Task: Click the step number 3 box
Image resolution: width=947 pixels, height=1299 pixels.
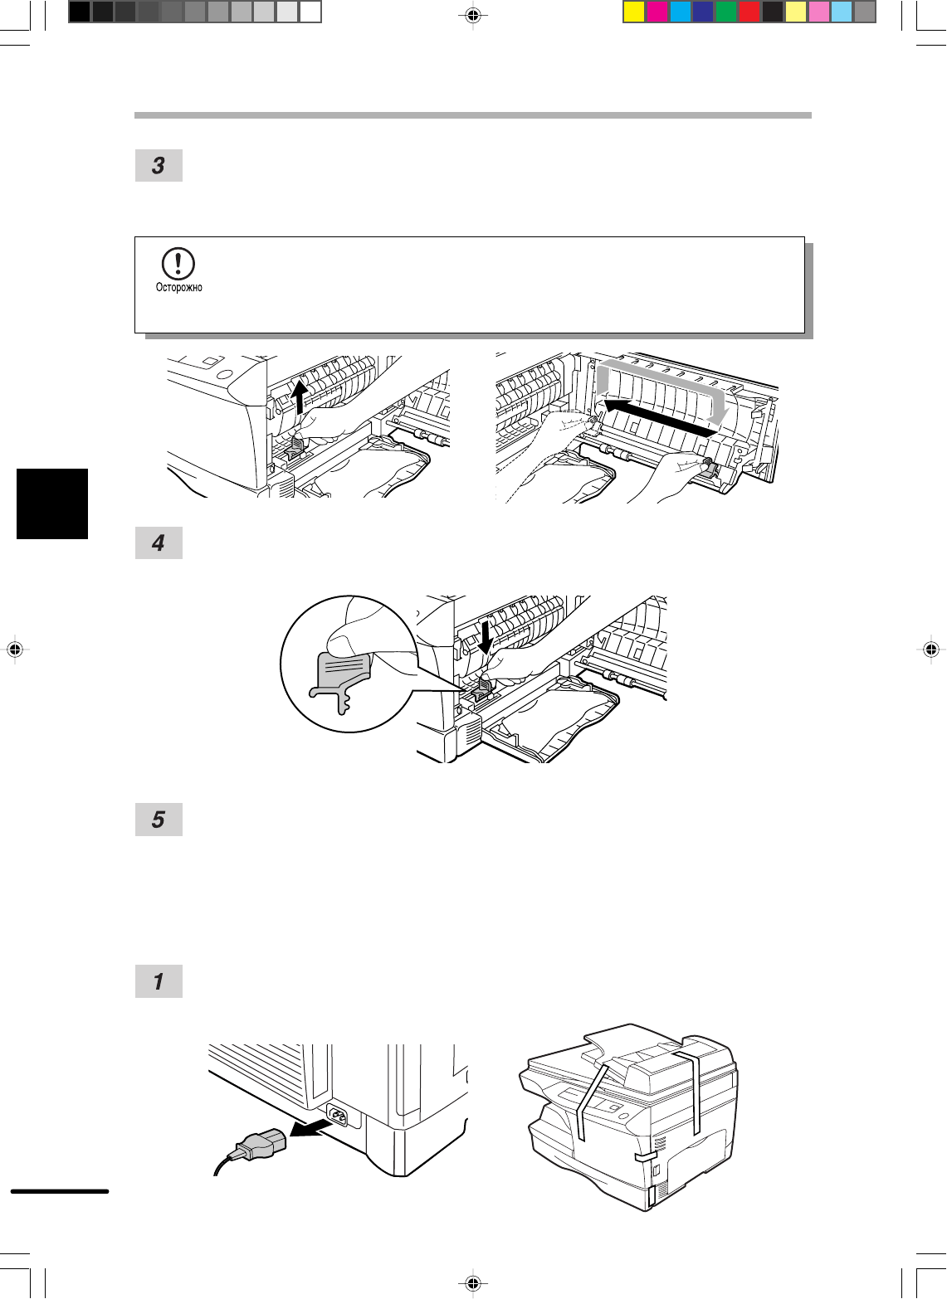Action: click(x=159, y=166)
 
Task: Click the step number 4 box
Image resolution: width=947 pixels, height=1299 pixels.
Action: click(x=159, y=543)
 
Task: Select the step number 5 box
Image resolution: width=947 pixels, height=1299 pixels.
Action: click(x=159, y=820)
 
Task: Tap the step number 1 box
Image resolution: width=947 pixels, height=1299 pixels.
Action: click(x=159, y=981)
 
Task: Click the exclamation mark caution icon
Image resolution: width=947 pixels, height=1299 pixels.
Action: click(x=178, y=264)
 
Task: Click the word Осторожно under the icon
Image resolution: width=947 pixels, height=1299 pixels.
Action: click(x=179, y=288)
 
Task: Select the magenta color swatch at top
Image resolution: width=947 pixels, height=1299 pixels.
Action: click(x=657, y=12)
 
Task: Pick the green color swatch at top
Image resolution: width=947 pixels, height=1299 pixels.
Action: click(x=726, y=12)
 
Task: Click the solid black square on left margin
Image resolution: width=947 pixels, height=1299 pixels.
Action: click(x=52, y=504)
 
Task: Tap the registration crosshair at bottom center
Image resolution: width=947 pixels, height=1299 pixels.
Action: click(x=472, y=1283)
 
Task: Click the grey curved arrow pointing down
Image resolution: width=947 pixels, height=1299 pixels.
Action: click(x=720, y=398)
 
